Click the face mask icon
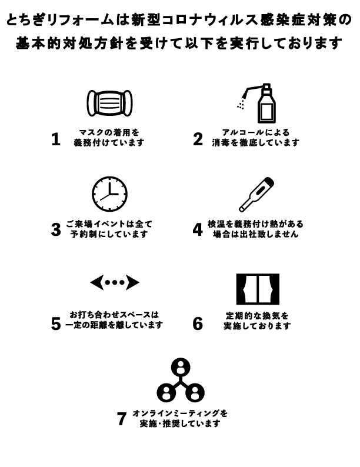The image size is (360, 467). click(x=109, y=103)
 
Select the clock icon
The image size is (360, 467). click(x=109, y=194)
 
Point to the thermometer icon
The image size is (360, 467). click(x=256, y=195)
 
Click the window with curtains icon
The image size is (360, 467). click(x=258, y=289)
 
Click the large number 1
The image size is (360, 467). click(x=56, y=139)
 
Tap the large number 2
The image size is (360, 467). click(x=198, y=139)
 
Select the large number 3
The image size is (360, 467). click(x=56, y=229)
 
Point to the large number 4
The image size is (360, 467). click(x=198, y=229)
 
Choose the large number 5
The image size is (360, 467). click(x=56, y=323)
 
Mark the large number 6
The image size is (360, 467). click(x=198, y=323)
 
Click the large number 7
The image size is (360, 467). click(x=122, y=418)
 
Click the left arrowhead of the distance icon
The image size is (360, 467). click(x=97, y=282)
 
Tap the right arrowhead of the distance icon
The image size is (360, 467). click(x=132, y=282)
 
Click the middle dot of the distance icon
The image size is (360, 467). click(x=115, y=283)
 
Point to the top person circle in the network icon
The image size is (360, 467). click(x=181, y=367)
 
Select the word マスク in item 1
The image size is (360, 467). click(x=89, y=132)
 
